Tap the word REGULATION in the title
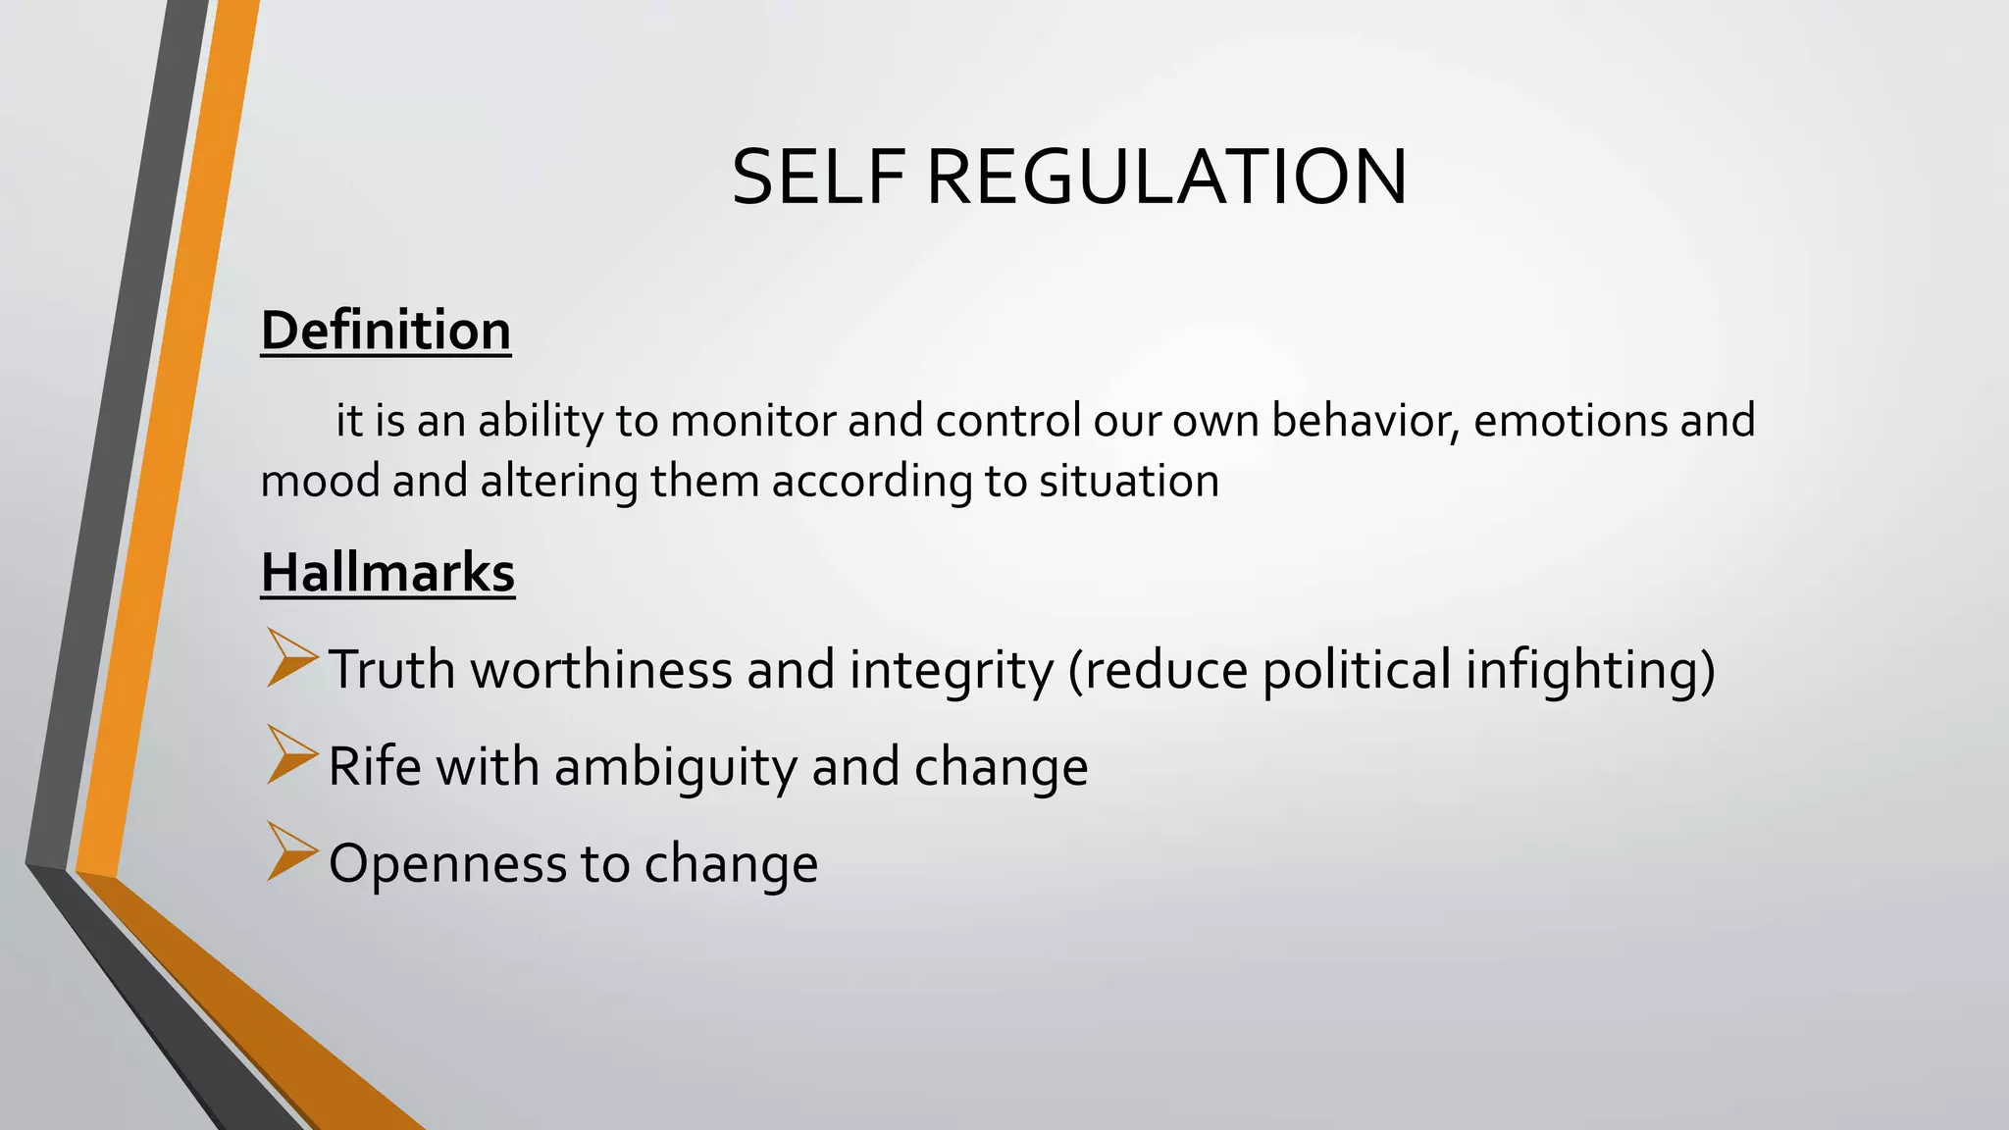pyautogui.click(x=1166, y=178)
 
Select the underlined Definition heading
pyautogui.click(x=386, y=331)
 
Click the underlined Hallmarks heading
pyautogui.click(x=387, y=573)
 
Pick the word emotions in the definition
pyautogui.click(x=1570, y=421)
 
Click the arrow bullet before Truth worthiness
pyautogui.click(x=291, y=658)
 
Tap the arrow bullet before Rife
pyautogui.click(x=291, y=755)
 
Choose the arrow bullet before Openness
pyautogui.click(x=291, y=851)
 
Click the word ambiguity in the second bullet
pyautogui.click(x=676, y=767)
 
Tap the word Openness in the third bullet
pyautogui.click(x=447, y=864)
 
